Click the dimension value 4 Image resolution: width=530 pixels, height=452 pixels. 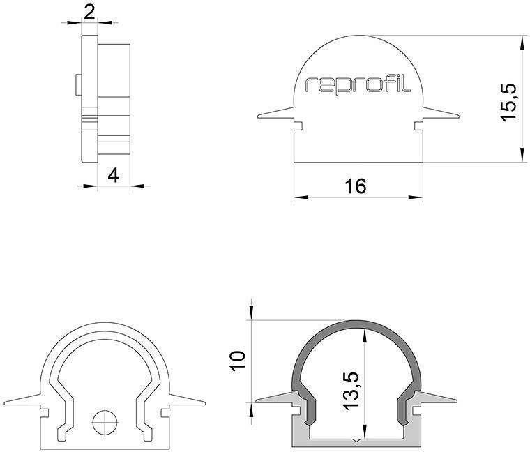[x=114, y=175]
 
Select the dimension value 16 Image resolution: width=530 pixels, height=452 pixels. [x=355, y=186]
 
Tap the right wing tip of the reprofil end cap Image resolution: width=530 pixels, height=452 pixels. [x=457, y=116]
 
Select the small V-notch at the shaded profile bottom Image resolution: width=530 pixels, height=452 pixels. [x=358, y=440]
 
